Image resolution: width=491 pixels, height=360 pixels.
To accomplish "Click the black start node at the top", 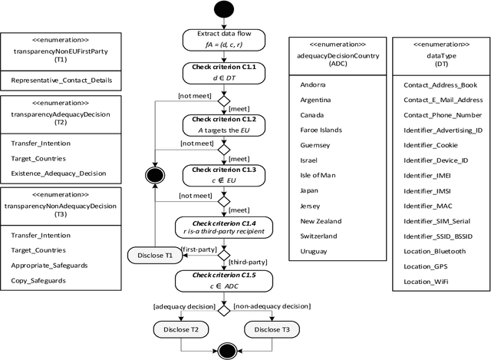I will click(224, 12).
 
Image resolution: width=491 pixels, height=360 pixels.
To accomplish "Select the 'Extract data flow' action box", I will click(224, 40).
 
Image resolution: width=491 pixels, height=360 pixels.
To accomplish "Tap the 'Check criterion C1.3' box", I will click(224, 174).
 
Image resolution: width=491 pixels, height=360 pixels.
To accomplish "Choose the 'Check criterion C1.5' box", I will click(224, 280).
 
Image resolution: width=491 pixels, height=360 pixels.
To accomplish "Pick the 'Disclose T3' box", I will click(272, 329).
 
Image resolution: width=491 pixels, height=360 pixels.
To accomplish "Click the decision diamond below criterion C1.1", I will click(224, 100).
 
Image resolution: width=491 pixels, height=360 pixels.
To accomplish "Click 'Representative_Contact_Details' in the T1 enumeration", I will click(60, 79).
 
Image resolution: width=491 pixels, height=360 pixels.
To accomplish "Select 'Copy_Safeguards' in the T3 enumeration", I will click(38, 280).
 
